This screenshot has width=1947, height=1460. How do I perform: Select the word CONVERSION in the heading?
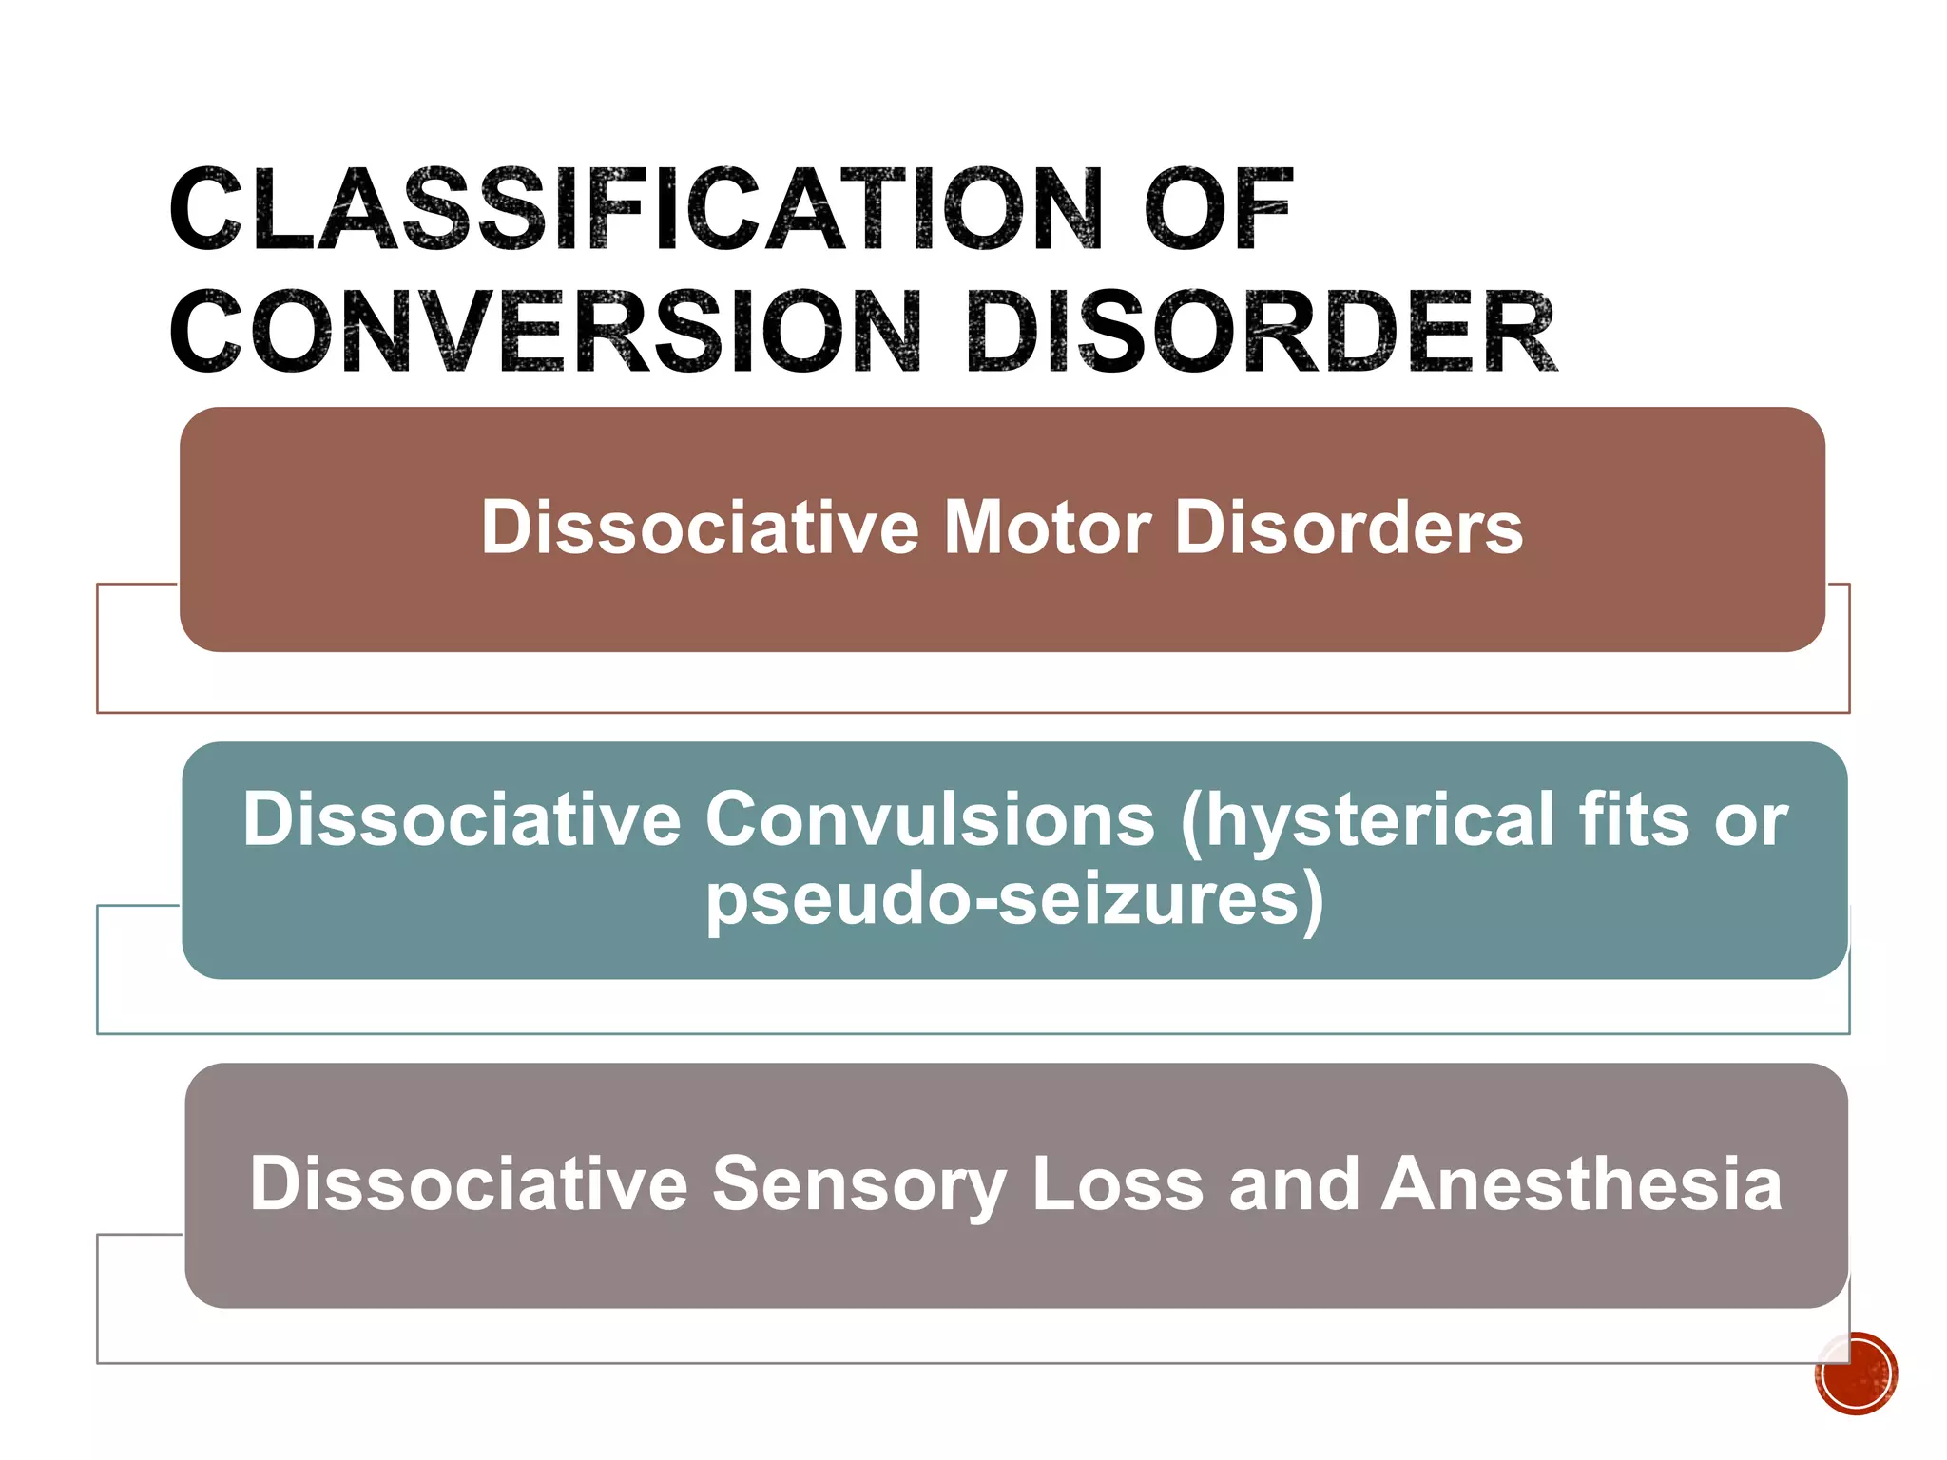point(546,333)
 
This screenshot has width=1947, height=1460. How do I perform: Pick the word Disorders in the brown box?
point(1349,528)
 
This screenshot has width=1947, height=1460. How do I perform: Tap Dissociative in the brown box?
point(700,528)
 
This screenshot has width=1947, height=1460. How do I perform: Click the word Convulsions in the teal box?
point(929,819)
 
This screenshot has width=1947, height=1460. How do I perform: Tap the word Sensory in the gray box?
point(858,1184)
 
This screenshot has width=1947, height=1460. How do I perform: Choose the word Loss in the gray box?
point(1118,1184)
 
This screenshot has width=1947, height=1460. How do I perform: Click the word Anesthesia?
point(1581,1184)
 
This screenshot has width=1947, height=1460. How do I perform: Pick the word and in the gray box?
point(1293,1184)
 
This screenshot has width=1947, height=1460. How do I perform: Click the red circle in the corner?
point(1855,1374)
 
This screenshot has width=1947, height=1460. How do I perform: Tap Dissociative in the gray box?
point(468,1184)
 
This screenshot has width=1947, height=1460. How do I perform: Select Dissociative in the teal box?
point(462,819)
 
